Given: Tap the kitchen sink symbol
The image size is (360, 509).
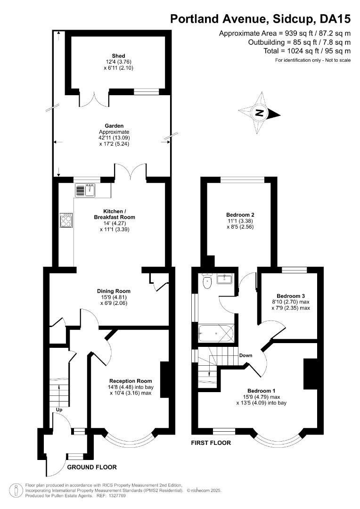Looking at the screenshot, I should pos(85,190).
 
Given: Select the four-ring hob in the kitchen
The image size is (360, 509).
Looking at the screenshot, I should pos(66,220).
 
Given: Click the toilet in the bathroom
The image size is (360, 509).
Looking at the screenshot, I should pos(206,282).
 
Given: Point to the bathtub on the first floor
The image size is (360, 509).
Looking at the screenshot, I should pos(216,334).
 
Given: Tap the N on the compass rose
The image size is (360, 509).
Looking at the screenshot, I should pos(258,113).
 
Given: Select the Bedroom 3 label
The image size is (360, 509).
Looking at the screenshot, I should pos(291,294).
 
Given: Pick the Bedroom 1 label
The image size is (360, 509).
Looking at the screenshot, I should pos(261,391).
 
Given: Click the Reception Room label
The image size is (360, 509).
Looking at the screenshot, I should pos(131,381).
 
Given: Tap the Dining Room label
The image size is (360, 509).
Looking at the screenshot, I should pos(114,291).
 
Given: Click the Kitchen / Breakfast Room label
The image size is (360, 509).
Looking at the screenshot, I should pos(119,214).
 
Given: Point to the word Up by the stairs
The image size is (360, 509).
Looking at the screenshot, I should pos(60,410).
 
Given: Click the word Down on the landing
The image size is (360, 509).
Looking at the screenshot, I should pos(245,355).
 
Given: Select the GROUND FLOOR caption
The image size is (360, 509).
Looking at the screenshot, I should pos(92,467).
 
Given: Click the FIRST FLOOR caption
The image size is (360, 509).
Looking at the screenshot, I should pos(211,443).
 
